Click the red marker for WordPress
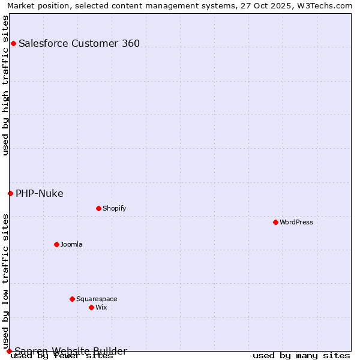(x=275, y=222)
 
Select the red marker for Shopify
(x=98, y=208)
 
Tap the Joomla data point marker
(x=56, y=244)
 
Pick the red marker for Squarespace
(x=72, y=299)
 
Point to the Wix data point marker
(x=91, y=307)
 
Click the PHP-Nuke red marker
(x=10, y=193)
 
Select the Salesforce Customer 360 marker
(x=13, y=43)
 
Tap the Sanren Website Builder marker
(x=9, y=351)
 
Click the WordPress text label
(x=296, y=222)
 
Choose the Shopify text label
(x=114, y=208)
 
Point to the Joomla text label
(x=71, y=244)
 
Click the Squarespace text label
(x=97, y=299)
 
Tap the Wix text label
(x=101, y=307)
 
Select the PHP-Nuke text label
(x=39, y=193)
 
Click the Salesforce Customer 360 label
(x=79, y=43)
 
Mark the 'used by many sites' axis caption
(x=301, y=355)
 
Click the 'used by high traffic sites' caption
(x=5, y=85)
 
